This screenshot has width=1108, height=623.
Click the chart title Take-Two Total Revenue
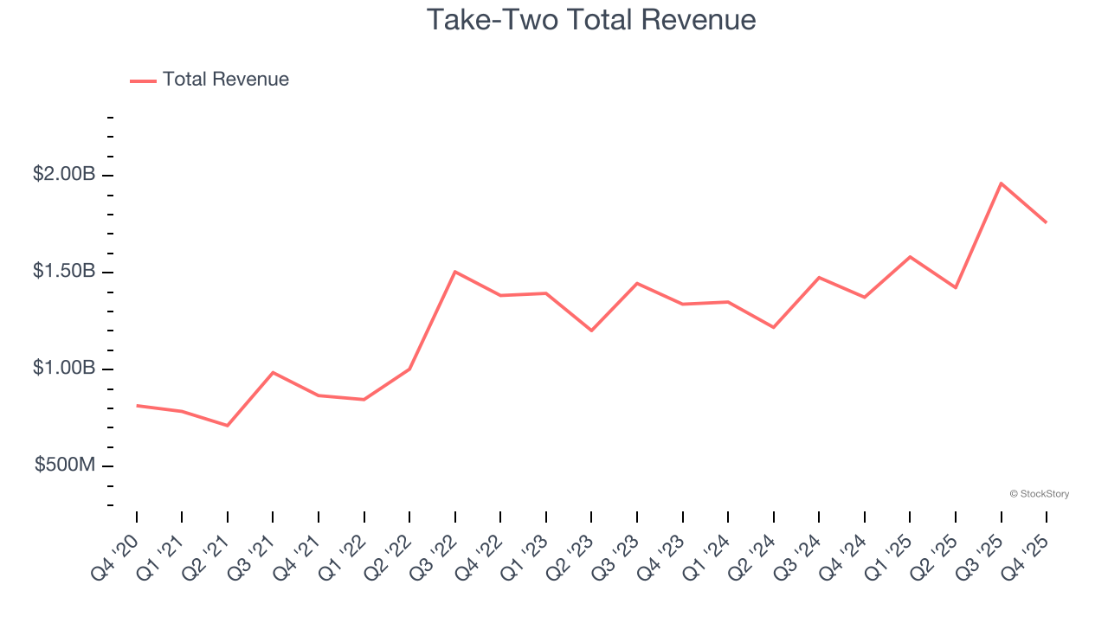click(x=591, y=20)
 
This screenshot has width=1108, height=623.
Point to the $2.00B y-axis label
click(x=64, y=175)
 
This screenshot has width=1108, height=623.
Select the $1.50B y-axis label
click(x=64, y=272)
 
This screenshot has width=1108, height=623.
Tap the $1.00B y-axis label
click(x=64, y=369)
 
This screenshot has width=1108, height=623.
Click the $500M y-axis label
click(x=65, y=466)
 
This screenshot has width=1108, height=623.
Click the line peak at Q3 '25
click(x=1001, y=183)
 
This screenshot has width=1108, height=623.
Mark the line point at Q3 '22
click(x=455, y=272)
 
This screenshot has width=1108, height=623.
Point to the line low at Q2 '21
click(x=228, y=426)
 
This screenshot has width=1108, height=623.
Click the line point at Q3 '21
click(x=273, y=372)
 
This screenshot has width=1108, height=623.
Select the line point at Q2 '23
click(x=591, y=331)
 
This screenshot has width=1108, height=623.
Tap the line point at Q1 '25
click(x=910, y=257)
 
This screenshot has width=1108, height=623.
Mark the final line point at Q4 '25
click(x=1046, y=222)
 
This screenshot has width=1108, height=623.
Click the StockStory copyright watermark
click(x=1039, y=494)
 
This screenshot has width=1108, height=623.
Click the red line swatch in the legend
click(x=143, y=80)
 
